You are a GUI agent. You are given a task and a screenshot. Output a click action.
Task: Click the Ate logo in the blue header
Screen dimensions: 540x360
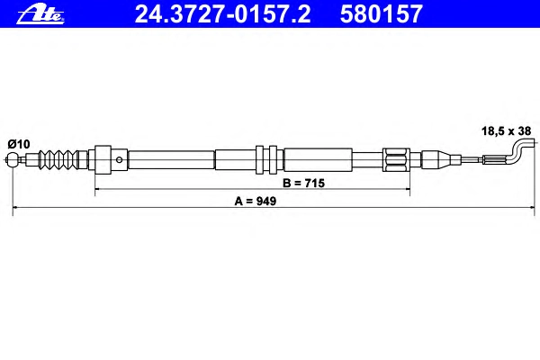click(40, 14)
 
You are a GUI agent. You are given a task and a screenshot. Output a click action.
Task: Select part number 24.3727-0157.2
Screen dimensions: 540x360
click(222, 14)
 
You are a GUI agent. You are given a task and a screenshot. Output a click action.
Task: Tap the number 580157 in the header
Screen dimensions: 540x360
click(381, 14)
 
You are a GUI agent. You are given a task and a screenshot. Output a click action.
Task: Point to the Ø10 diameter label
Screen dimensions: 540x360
click(19, 144)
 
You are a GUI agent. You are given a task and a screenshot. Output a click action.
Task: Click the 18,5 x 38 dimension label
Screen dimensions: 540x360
click(506, 130)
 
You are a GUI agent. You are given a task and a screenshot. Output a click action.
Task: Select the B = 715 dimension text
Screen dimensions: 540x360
click(303, 183)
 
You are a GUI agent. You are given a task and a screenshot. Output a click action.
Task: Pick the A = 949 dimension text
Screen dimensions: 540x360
click(256, 201)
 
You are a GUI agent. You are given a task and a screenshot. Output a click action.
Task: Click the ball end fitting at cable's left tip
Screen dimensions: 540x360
click(13, 159)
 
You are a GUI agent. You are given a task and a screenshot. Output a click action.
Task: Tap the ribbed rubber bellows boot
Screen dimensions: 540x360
click(58, 159)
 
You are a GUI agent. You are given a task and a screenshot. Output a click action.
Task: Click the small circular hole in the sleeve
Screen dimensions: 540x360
click(119, 159)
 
